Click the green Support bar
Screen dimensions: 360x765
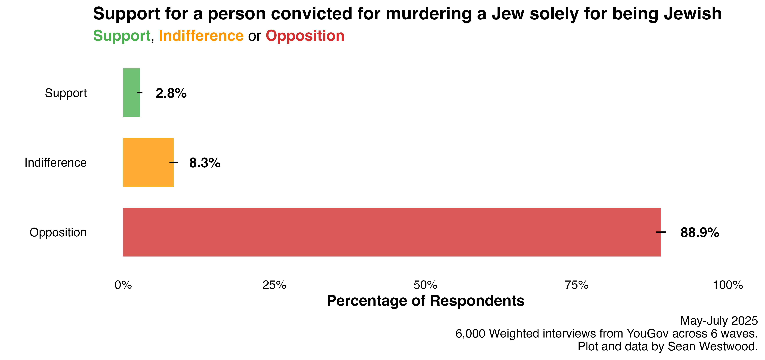131,93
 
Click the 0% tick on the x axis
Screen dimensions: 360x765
123,285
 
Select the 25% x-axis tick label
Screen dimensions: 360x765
274,285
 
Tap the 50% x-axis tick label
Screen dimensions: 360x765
425,285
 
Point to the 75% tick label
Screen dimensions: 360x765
576,285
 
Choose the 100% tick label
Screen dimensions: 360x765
728,285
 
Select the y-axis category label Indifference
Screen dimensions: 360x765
55,163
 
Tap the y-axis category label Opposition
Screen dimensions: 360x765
58,232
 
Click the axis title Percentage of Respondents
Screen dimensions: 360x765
425,301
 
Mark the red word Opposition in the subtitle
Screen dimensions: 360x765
305,36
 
